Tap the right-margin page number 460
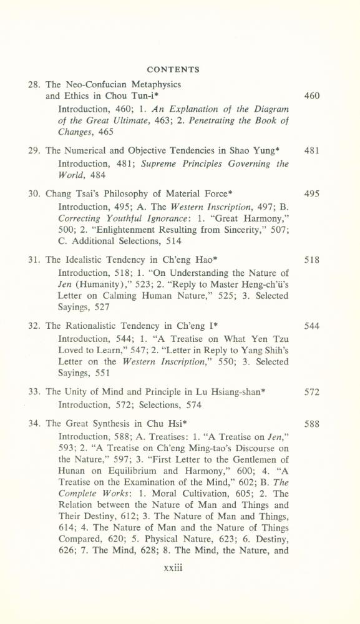click(311, 97)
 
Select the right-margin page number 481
click(311, 150)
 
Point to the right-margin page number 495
click(311, 193)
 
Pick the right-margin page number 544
click(311, 326)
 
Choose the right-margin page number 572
click(311, 392)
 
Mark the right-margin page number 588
click(311, 424)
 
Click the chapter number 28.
click(34, 84)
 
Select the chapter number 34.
click(34, 424)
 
